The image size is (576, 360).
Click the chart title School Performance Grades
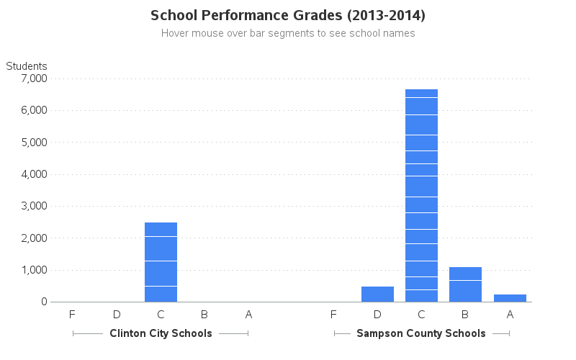click(288, 15)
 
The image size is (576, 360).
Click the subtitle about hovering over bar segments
click(288, 33)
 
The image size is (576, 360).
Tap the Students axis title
click(27, 66)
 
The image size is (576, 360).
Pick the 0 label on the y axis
click(44, 302)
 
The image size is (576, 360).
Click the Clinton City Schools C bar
click(161, 262)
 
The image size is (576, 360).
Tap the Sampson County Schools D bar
click(377, 294)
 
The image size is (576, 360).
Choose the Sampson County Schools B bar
click(465, 284)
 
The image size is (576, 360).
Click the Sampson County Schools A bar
click(510, 298)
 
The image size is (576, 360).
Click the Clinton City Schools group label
click(161, 333)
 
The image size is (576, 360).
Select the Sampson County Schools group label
click(421, 333)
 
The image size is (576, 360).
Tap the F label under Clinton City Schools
click(72, 314)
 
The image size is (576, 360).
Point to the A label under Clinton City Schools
click(248, 314)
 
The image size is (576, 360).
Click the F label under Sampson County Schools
click(333, 314)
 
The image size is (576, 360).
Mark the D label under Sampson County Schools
click(377, 314)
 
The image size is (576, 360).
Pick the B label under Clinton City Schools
click(204, 314)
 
